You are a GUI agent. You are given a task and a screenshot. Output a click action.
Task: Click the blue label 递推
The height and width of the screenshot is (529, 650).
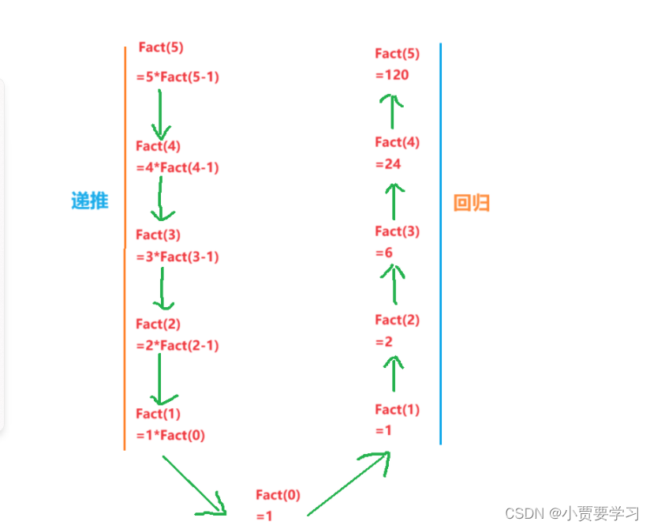point(89,201)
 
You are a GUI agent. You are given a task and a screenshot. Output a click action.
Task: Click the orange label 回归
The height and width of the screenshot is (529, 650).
point(472,203)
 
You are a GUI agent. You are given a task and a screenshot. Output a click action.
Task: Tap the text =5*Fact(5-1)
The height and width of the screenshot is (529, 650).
point(177,77)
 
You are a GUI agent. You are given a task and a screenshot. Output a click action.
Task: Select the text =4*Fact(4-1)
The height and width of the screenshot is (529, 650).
point(177,167)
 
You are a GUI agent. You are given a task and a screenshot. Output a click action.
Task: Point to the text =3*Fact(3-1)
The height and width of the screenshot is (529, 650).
point(177,257)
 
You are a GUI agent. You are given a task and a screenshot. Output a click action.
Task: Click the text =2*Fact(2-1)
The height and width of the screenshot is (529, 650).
point(177,345)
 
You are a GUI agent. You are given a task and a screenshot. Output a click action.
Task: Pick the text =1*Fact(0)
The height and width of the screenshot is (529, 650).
point(170,435)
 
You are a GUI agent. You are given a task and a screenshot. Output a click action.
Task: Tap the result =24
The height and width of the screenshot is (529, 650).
point(388,163)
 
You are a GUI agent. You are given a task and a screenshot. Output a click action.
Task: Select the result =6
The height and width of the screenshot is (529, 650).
point(384,253)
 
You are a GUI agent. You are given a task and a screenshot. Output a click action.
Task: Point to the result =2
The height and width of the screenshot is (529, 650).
point(384,342)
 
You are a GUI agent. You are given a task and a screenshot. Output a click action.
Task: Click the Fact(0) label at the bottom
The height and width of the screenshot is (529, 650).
point(278,495)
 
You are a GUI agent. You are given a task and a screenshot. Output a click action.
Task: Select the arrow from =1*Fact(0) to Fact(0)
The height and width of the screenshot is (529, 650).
point(194,485)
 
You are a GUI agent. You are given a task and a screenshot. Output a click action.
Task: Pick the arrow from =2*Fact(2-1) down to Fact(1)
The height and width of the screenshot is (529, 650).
point(160,380)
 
